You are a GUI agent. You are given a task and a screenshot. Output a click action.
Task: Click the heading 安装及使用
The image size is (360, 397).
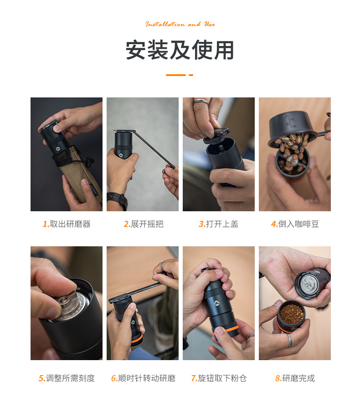180,51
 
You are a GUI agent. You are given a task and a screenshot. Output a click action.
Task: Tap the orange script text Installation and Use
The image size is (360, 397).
180,24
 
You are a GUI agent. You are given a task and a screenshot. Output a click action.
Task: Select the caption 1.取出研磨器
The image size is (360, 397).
67,224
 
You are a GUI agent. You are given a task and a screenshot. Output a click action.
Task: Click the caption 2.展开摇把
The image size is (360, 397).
143,224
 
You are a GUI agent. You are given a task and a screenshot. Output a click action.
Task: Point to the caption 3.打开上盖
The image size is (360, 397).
218,224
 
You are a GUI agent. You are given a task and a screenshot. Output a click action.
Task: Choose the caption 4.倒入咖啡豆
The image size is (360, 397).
295,224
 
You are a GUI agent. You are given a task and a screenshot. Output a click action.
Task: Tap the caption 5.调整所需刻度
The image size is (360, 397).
67,378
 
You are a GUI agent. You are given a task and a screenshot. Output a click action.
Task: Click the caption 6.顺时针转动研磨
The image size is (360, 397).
143,378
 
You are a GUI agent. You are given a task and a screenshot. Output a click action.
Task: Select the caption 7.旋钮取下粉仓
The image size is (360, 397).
219,378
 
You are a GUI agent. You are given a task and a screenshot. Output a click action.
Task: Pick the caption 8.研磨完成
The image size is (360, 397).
295,378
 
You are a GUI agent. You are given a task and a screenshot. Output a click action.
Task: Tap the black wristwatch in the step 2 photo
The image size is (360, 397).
118,200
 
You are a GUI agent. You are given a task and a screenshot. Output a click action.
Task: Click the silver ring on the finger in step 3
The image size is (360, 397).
201,102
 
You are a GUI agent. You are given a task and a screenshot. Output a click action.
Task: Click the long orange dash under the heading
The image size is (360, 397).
175,75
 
